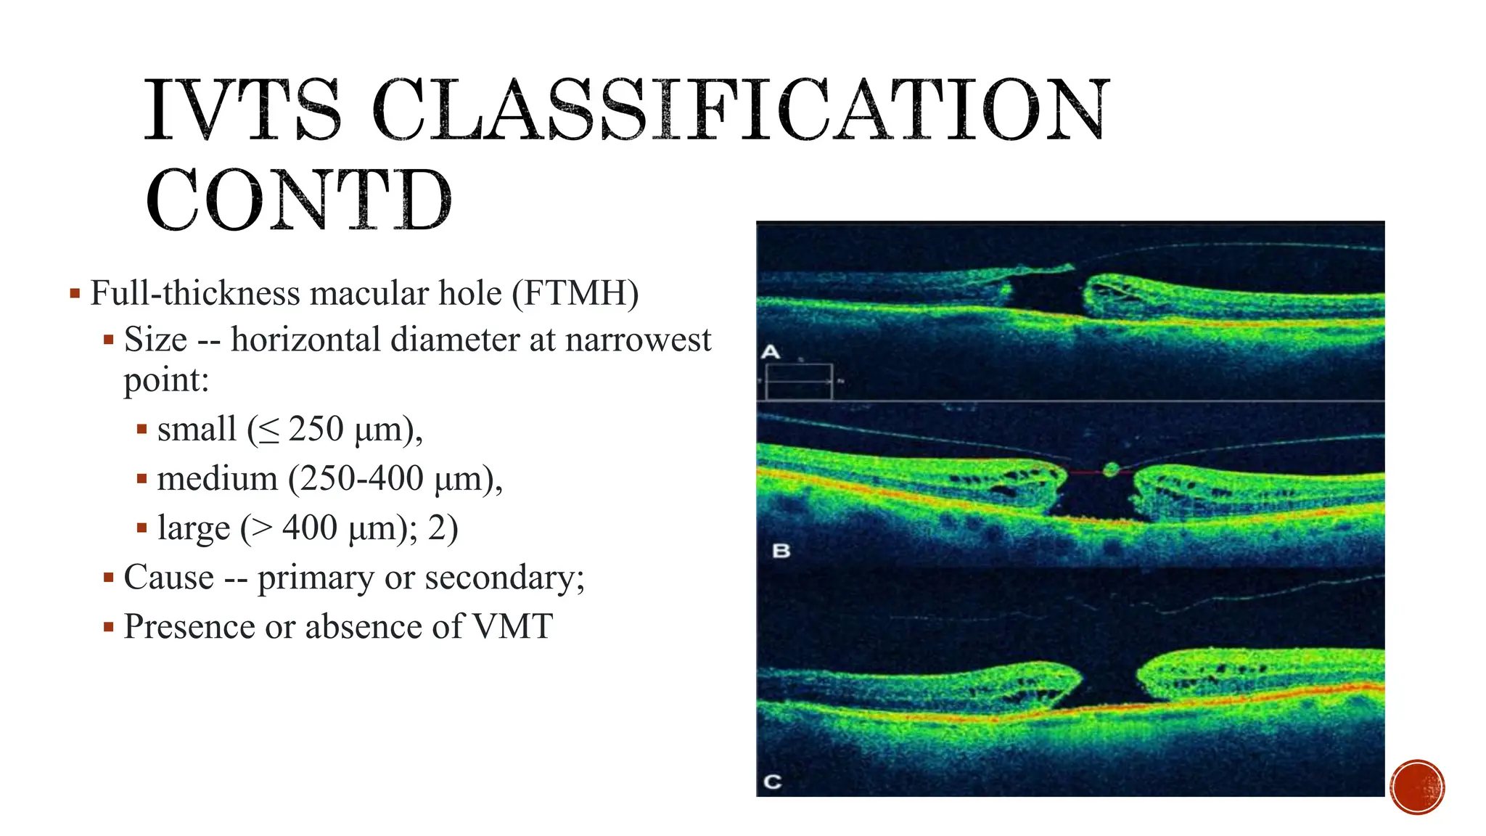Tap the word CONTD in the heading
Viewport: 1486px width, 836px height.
point(298,200)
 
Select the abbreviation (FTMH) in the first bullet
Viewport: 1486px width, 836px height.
point(575,294)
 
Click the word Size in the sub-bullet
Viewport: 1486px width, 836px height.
point(155,340)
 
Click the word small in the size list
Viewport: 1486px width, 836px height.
point(197,429)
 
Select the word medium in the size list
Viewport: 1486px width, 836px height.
point(218,479)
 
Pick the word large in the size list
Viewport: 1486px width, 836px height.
point(193,528)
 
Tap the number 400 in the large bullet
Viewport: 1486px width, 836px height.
point(310,528)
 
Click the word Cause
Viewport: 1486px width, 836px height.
point(169,578)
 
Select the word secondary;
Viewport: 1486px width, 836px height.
point(504,578)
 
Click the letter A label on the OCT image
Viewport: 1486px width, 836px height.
point(770,352)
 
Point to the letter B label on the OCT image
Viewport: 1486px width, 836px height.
point(781,551)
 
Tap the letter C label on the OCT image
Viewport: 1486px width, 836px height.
point(773,782)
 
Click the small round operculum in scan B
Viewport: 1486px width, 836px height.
point(1110,470)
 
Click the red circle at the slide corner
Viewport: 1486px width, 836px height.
point(1417,787)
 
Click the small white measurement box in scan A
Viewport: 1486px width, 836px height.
point(799,381)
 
